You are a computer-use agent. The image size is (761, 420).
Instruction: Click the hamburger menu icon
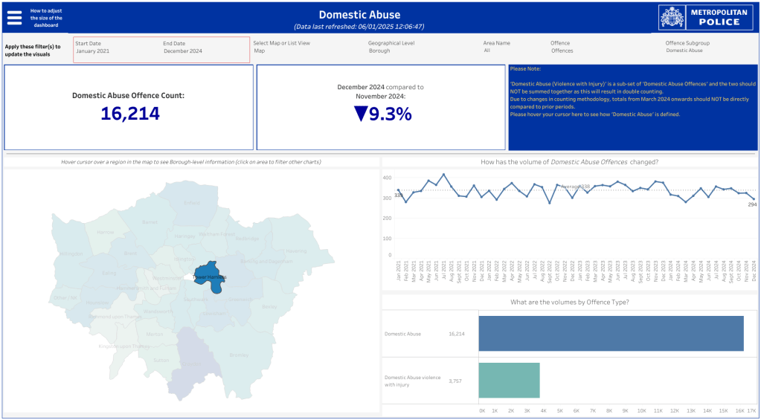click(14, 18)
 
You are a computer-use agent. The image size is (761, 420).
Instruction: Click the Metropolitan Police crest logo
click(672, 17)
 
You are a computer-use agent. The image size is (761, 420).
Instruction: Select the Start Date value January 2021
click(92, 51)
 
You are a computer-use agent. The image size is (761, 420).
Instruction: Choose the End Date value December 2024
click(182, 51)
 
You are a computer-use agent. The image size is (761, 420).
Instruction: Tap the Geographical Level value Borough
click(379, 51)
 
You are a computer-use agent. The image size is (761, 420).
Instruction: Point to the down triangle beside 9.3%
click(361, 114)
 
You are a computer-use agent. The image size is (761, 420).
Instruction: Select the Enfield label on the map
click(192, 202)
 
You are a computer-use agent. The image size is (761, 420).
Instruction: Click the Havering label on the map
click(296, 251)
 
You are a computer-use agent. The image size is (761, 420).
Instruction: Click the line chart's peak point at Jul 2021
click(444, 175)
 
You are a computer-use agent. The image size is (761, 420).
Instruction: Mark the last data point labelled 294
click(753, 199)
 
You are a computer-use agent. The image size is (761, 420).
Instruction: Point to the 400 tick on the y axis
click(387, 178)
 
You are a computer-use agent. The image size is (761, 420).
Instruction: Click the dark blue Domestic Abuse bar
click(610, 334)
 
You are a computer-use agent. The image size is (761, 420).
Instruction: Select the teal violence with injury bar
click(509, 381)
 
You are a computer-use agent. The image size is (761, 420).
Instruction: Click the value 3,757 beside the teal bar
click(456, 381)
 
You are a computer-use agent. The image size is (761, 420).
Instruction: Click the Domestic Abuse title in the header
click(359, 15)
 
